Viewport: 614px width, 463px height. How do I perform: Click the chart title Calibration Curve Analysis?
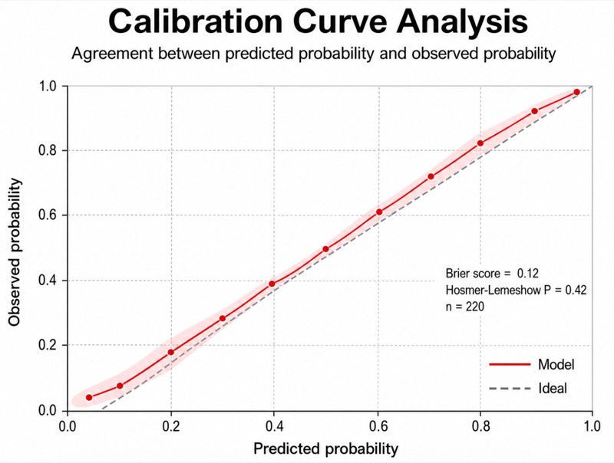318,22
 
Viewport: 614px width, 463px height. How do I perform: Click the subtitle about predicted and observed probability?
314,54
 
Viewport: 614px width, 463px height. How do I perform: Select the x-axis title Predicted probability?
325,448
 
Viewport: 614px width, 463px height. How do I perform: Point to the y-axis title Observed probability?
15,252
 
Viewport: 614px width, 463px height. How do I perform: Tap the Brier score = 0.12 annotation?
492,274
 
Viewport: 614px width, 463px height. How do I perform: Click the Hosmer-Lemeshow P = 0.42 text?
516,291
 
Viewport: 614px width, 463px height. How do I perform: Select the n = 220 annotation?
465,307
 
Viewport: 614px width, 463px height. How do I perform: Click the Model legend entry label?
556,364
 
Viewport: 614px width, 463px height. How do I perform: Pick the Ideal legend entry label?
553,389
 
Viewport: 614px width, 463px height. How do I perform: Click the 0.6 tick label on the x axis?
378,426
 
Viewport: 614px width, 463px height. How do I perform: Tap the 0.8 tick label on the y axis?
48,150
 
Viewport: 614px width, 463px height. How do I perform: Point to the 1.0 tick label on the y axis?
48,86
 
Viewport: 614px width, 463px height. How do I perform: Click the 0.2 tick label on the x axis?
171,426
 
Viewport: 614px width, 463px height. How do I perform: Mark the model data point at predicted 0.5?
325,249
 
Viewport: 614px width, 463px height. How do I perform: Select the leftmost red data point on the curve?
89,398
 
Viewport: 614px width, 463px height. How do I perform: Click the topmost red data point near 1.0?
577,92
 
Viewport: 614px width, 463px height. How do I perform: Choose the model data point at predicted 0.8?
480,143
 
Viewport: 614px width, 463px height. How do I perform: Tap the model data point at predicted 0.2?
170,353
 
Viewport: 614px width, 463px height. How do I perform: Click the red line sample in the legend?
510,364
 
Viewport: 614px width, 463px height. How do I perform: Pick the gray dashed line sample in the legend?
510,389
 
